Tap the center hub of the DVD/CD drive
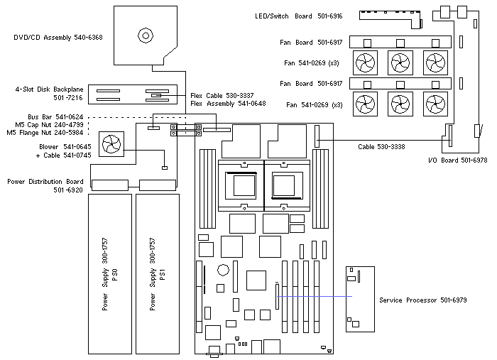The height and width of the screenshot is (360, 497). click(x=146, y=35)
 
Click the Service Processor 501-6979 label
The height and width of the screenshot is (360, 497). click(x=423, y=300)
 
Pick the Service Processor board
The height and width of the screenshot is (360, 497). click(x=359, y=298)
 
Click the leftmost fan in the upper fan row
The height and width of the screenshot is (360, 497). click(x=366, y=62)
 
